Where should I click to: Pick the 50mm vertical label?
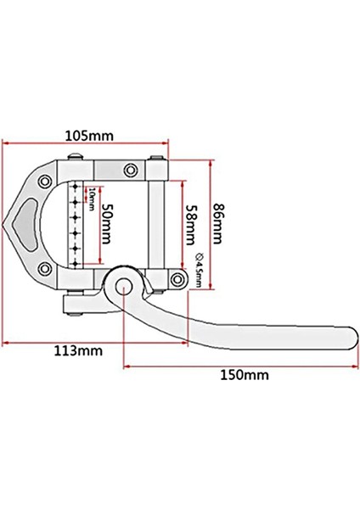pos(105,222)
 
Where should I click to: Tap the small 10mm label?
pos(91,202)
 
